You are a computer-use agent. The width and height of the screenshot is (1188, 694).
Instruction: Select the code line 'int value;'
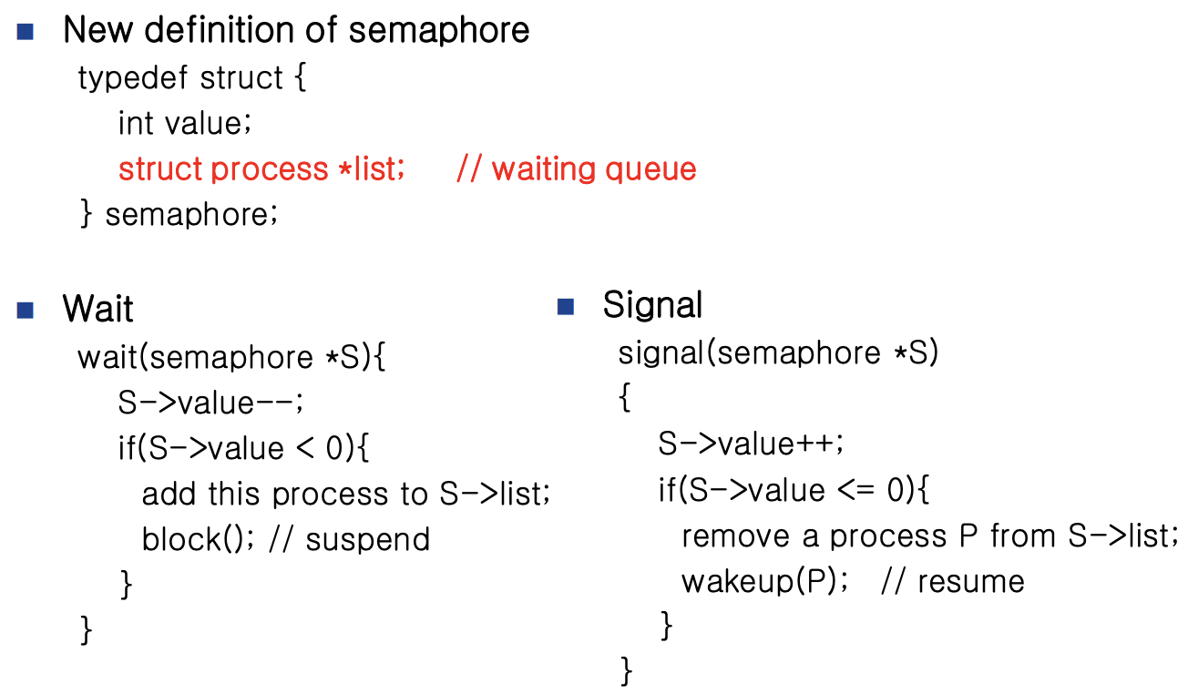(184, 123)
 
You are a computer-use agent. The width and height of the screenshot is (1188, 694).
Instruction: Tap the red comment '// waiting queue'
(576, 169)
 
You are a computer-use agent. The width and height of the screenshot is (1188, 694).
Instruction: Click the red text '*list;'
(371, 169)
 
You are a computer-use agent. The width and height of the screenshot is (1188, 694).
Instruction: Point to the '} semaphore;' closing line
(179, 215)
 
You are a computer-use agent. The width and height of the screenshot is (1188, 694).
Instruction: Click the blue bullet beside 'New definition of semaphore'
(25, 32)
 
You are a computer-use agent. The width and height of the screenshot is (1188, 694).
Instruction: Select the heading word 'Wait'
(97, 309)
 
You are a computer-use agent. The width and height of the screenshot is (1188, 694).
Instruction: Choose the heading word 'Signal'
(652, 305)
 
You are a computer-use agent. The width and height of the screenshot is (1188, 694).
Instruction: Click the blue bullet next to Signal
(566, 306)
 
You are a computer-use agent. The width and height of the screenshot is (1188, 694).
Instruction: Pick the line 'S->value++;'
(752, 444)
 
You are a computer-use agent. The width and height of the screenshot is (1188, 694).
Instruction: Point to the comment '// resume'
(952, 581)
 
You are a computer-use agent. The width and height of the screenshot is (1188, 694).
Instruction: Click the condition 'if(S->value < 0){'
(243, 448)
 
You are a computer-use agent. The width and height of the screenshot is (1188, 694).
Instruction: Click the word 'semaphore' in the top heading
(439, 30)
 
